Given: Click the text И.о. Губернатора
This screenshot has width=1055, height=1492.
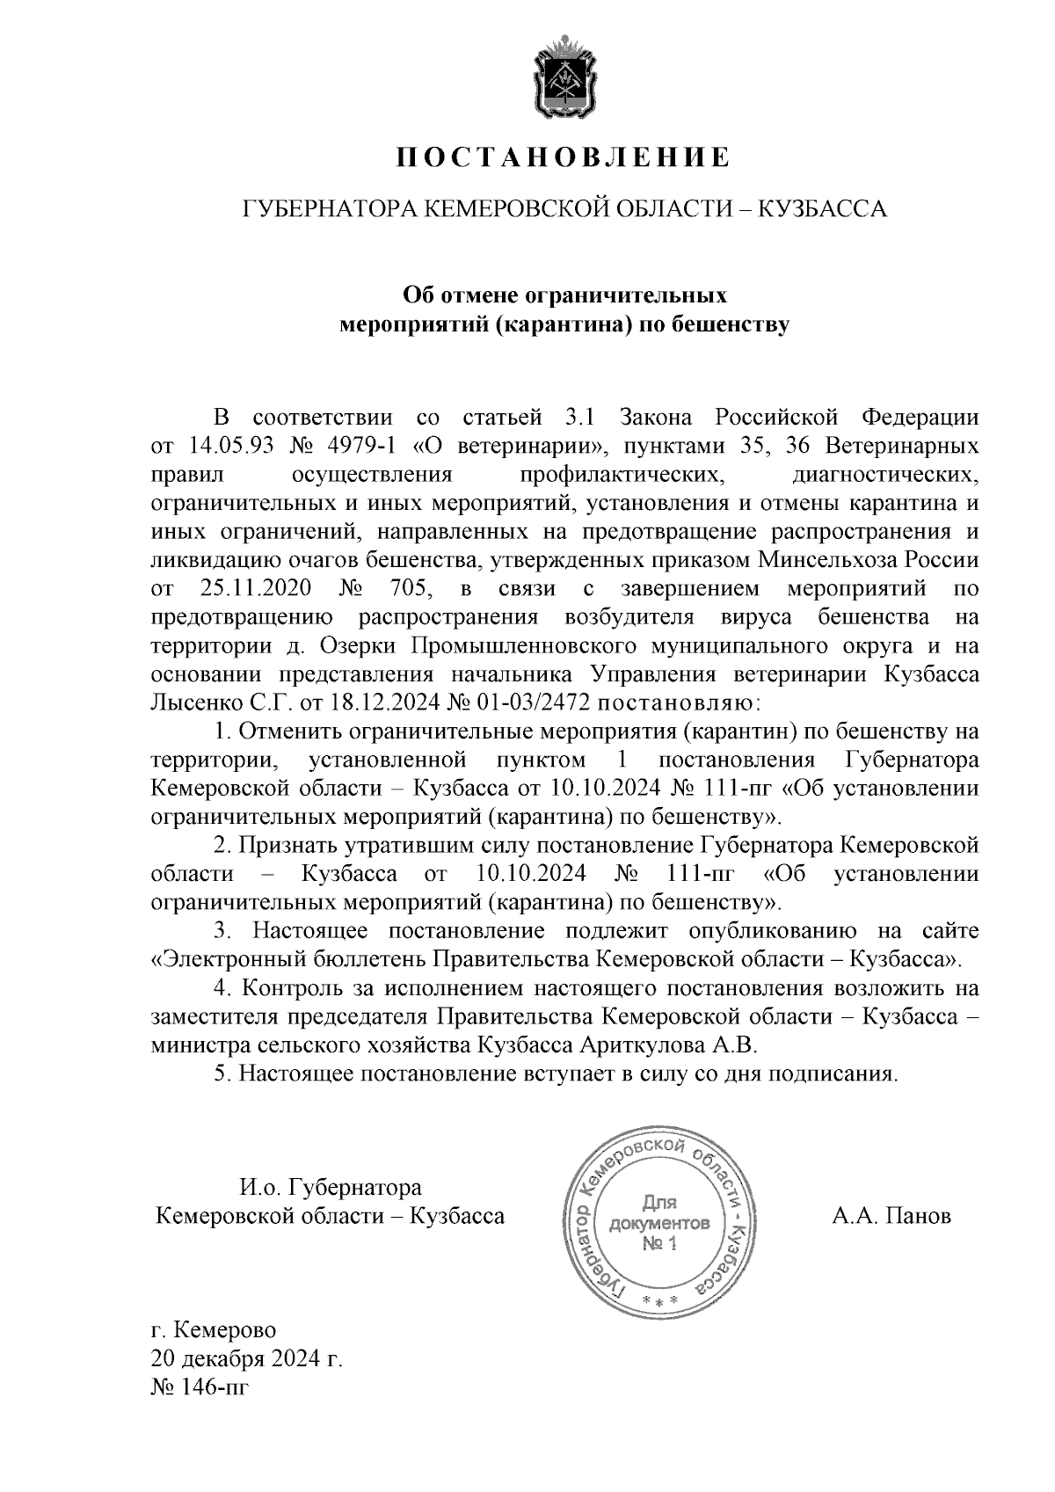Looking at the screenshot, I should [331, 1188].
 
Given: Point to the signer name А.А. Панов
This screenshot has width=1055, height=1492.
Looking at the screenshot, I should [891, 1217].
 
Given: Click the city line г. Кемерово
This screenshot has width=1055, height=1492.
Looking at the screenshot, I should [214, 1328].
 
